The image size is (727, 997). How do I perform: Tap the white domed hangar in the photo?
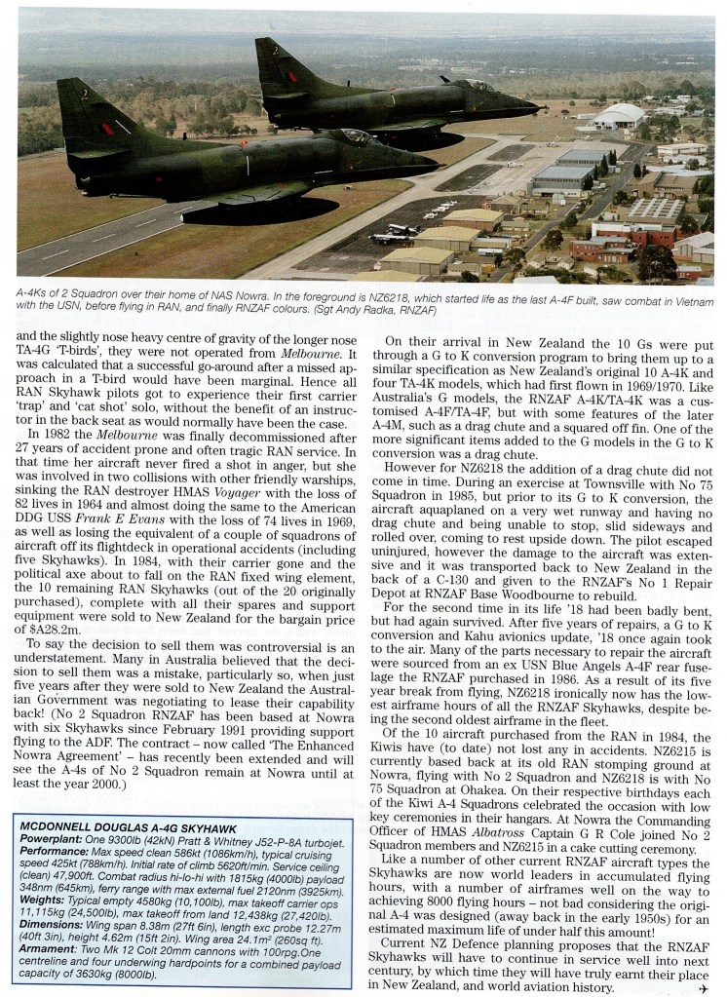click(x=616, y=117)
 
